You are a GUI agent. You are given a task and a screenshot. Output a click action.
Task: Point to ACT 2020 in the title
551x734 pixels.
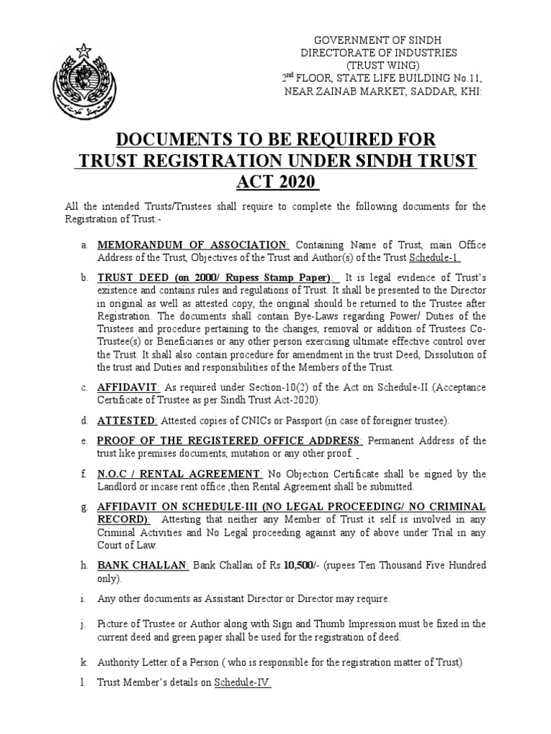point(275,181)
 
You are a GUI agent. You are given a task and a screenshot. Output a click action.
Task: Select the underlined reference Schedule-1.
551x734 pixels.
point(435,258)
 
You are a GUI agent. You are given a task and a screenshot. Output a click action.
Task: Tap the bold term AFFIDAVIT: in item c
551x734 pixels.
point(125,387)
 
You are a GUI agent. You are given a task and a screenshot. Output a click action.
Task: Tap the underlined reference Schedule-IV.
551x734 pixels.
point(242,683)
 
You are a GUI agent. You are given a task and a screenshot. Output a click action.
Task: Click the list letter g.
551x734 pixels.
point(85,507)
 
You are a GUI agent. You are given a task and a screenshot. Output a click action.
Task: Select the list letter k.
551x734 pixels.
point(85,662)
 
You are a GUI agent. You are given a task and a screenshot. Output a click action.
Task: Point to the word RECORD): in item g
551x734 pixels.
point(124,519)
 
